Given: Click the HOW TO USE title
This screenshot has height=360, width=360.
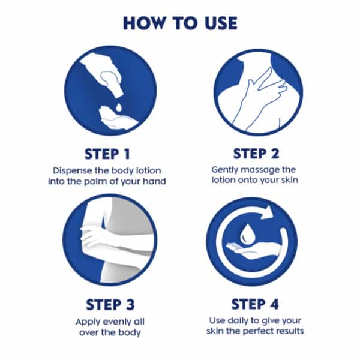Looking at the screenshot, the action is click(x=180, y=23).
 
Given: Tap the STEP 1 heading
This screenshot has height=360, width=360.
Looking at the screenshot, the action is click(x=107, y=154).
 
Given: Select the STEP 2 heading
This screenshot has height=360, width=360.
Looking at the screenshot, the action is click(x=256, y=154).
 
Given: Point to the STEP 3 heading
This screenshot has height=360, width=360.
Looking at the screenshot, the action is click(x=110, y=304).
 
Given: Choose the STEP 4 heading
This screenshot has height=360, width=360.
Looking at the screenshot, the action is click(x=255, y=304).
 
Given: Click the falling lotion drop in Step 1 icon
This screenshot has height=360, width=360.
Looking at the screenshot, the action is click(x=119, y=107).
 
